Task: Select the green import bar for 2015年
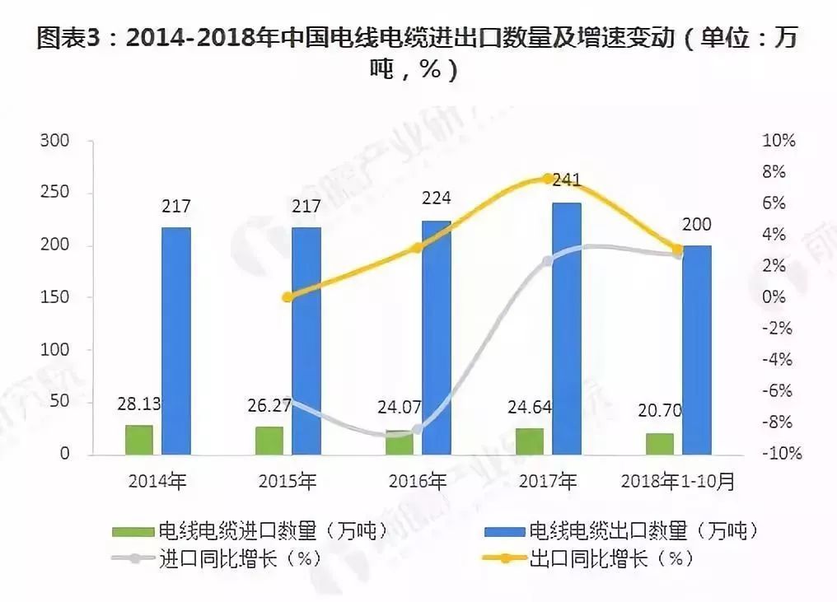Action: coord(269,440)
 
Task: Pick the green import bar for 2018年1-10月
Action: coord(659,443)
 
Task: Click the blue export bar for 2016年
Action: coord(437,337)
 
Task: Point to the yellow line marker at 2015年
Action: coord(288,297)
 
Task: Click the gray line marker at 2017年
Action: coord(547,261)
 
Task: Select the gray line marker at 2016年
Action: coord(418,429)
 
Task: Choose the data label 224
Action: coord(437,198)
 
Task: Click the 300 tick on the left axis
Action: coord(54,142)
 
